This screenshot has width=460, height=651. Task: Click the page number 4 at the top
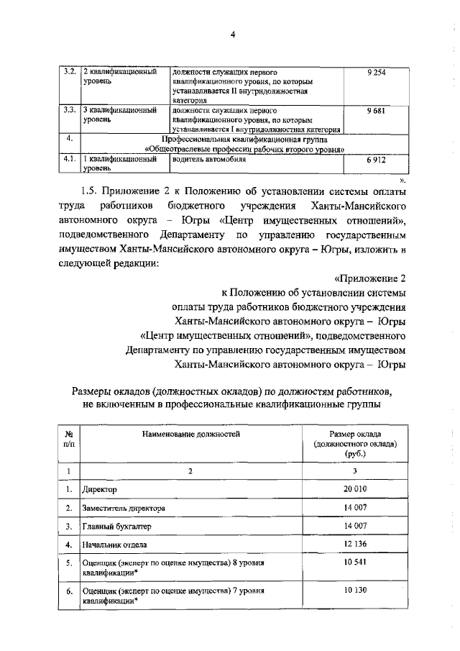(x=232, y=35)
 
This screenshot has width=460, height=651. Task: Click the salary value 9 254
(x=375, y=73)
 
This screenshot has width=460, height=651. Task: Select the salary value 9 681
(x=375, y=111)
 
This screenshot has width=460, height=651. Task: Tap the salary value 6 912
(x=375, y=160)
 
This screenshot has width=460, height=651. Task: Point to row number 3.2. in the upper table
(x=70, y=73)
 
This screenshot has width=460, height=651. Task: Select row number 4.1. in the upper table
(x=70, y=160)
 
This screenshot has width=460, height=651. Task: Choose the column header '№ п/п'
(x=70, y=440)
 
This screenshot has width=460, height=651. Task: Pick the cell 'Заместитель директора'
(x=124, y=508)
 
